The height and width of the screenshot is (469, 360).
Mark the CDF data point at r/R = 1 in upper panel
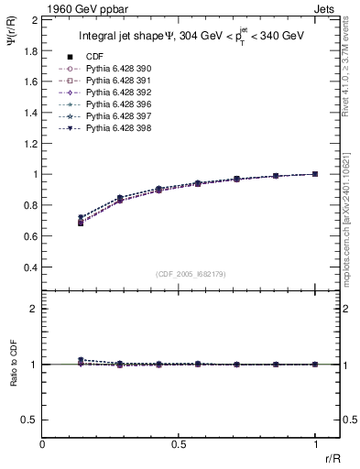pyautogui.click(x=316, y=174)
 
